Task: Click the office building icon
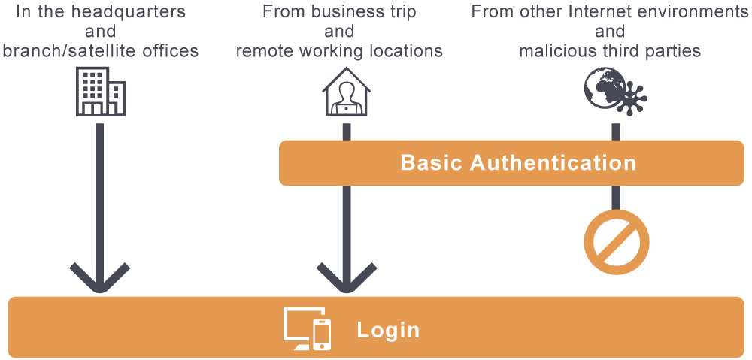click(100, 92)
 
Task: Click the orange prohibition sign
click(616, 242)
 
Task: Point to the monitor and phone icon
click(307, 329)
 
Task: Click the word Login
click(388, 330)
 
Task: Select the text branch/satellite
click(71, 51)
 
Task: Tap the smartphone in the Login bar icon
click(322, 334)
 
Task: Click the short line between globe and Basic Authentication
click(615, 131)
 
